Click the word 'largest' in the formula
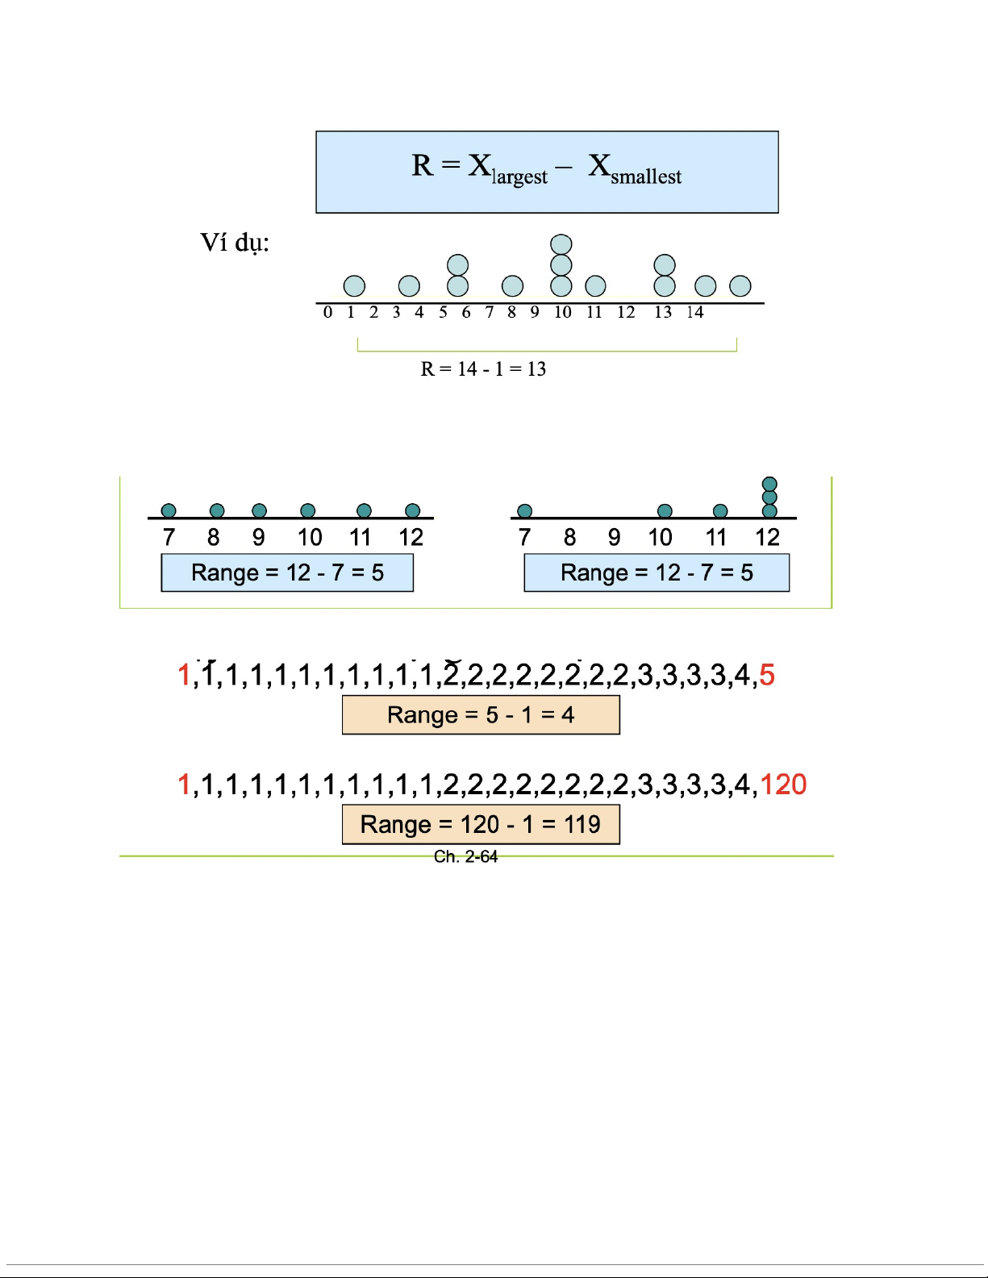(x=519, y=177)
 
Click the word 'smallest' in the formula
(x=645, y=177)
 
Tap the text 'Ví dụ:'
(x=234, y=243)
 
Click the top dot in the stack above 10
(x=561, y=244)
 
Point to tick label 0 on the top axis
(x=327, y=313)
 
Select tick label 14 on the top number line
(x=695, y=313)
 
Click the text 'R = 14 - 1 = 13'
(x=483, y=369)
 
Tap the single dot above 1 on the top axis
(x=354, y=286)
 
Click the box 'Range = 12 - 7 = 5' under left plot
(x=287, y=573)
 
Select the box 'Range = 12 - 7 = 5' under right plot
(x=657, y=573)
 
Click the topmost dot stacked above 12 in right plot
(x=769, y=485)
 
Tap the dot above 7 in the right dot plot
(x=525, y=511)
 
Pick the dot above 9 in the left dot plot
(x=259, y=511)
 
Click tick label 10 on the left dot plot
(x=310, y=538)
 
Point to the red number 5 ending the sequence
(x=767, y=675)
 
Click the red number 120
(x=783, y=785)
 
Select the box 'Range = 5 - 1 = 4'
(x=481, y=715)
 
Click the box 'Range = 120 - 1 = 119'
(x=481, y=825)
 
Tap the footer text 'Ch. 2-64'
(x=465, y=857)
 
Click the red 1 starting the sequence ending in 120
(x=184, y=785)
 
